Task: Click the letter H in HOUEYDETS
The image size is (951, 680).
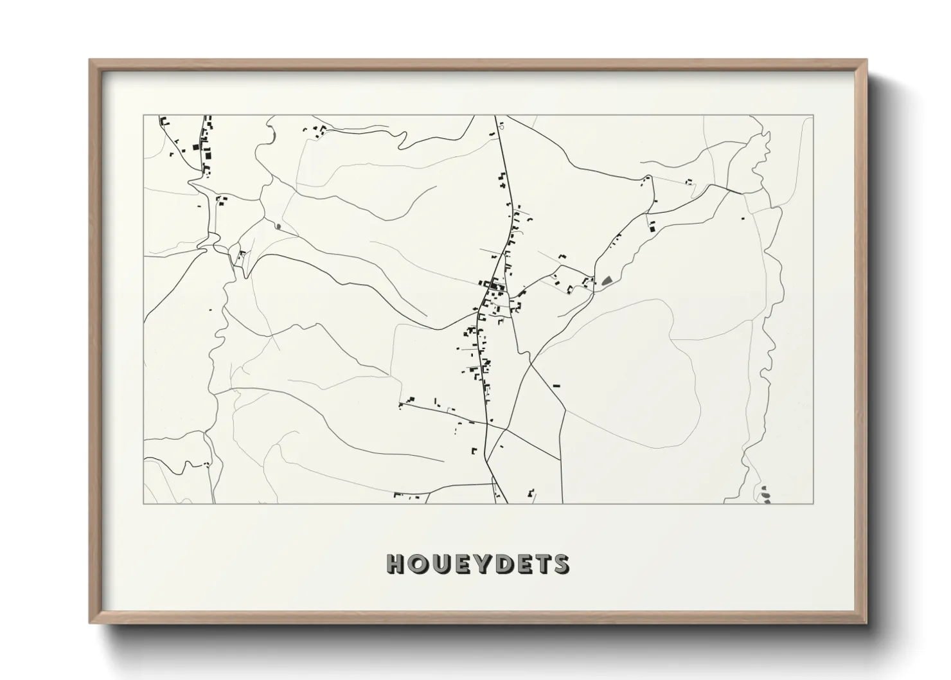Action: pos(395,564)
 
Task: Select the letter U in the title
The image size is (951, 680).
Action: pos(438,564)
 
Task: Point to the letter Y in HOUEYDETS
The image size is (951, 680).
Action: pos(479,564)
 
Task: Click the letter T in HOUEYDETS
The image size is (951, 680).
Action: pos(541,564)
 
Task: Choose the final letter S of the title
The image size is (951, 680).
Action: pos(560,564)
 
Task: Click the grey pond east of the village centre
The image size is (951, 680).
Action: pos(605,280)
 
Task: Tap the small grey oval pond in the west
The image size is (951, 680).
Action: pos(278,226)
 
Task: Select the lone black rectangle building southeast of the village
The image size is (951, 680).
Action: pos(556,385)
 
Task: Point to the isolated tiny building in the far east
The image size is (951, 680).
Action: pos(743,219)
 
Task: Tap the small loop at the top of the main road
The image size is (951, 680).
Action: pos(501,127)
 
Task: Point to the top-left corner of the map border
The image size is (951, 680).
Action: pos(143,116)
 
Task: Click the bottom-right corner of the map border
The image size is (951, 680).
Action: pos(813,503)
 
